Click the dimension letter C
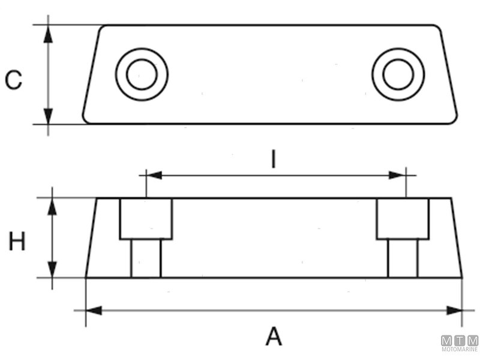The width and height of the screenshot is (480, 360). click(14, 80)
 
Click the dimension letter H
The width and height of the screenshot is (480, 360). click(17, 241)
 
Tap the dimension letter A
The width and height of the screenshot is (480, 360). click(274, 336)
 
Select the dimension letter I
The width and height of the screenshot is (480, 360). click(274, 159)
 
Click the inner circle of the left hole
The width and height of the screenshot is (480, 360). click(142, 74)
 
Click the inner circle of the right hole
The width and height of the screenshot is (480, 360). click(398, 74)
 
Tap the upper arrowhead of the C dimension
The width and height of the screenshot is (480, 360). click(48, 34)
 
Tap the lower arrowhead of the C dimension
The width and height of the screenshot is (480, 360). click(48, 116)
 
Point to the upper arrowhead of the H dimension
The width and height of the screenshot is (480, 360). click(52, 206)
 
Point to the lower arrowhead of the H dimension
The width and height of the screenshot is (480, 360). click(52, 269)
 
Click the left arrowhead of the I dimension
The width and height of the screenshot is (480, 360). click(154, 175)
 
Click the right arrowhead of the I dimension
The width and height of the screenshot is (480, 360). click(397, 175)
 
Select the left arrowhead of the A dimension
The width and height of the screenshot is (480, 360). click(94, 310)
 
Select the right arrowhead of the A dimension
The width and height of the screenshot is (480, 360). click(454, 310)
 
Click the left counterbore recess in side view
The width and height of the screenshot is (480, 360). click(146, 219)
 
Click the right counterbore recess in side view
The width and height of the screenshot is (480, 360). click(403, 219)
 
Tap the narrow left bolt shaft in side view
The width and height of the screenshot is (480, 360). click(146, 259)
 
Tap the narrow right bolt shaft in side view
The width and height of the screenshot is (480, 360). click(403, 259)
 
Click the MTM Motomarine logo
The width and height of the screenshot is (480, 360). click(460, 343)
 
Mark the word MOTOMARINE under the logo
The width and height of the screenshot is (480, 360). click(460, 349)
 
